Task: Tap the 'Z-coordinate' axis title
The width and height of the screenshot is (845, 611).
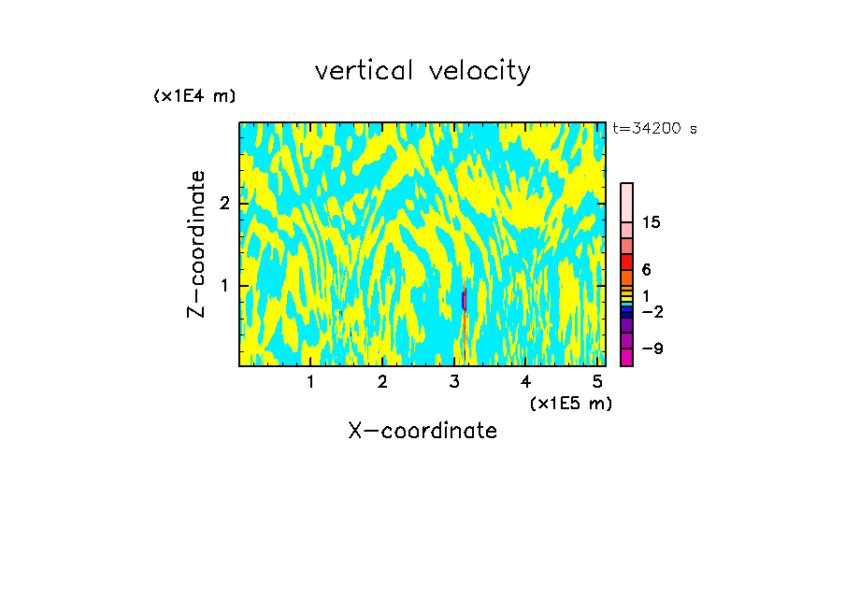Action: pyautogui.click(x=197, y=244)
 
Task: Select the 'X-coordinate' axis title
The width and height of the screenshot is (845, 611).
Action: pyautogui.click(x=422, y=431)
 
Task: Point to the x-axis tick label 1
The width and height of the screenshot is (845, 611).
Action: pyautogui.click(x=310, y=382)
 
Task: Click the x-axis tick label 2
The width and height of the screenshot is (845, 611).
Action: pyautogui.click(x=382, y=382)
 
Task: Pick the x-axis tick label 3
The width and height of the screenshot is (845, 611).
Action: pyautogui.click(x=454, y=382)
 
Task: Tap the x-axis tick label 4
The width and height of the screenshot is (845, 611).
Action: pyautogui.click(x=526, y=382)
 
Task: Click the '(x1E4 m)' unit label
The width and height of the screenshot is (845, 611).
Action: pyautogui.click(x=194, y=96)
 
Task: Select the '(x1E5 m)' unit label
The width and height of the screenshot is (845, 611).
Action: pyautogui.click(x=570, y=403)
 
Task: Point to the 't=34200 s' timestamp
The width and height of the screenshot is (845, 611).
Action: pyautogui.click(x=654, y=129)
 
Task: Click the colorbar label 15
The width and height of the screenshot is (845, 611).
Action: pyautogui.click(x=652, y=222)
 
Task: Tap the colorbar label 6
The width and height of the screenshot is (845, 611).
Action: pyautogui.click(x=646, y=270)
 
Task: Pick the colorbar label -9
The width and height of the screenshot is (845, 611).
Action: pyautogui.click(x=652, y=348)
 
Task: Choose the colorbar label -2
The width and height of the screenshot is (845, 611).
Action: pyautogui.click(x=652, y=311)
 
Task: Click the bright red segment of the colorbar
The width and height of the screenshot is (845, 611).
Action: pyautogui.click(x=627, y=262)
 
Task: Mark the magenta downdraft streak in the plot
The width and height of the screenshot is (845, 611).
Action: pyautogui.click(x=465, y=300)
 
